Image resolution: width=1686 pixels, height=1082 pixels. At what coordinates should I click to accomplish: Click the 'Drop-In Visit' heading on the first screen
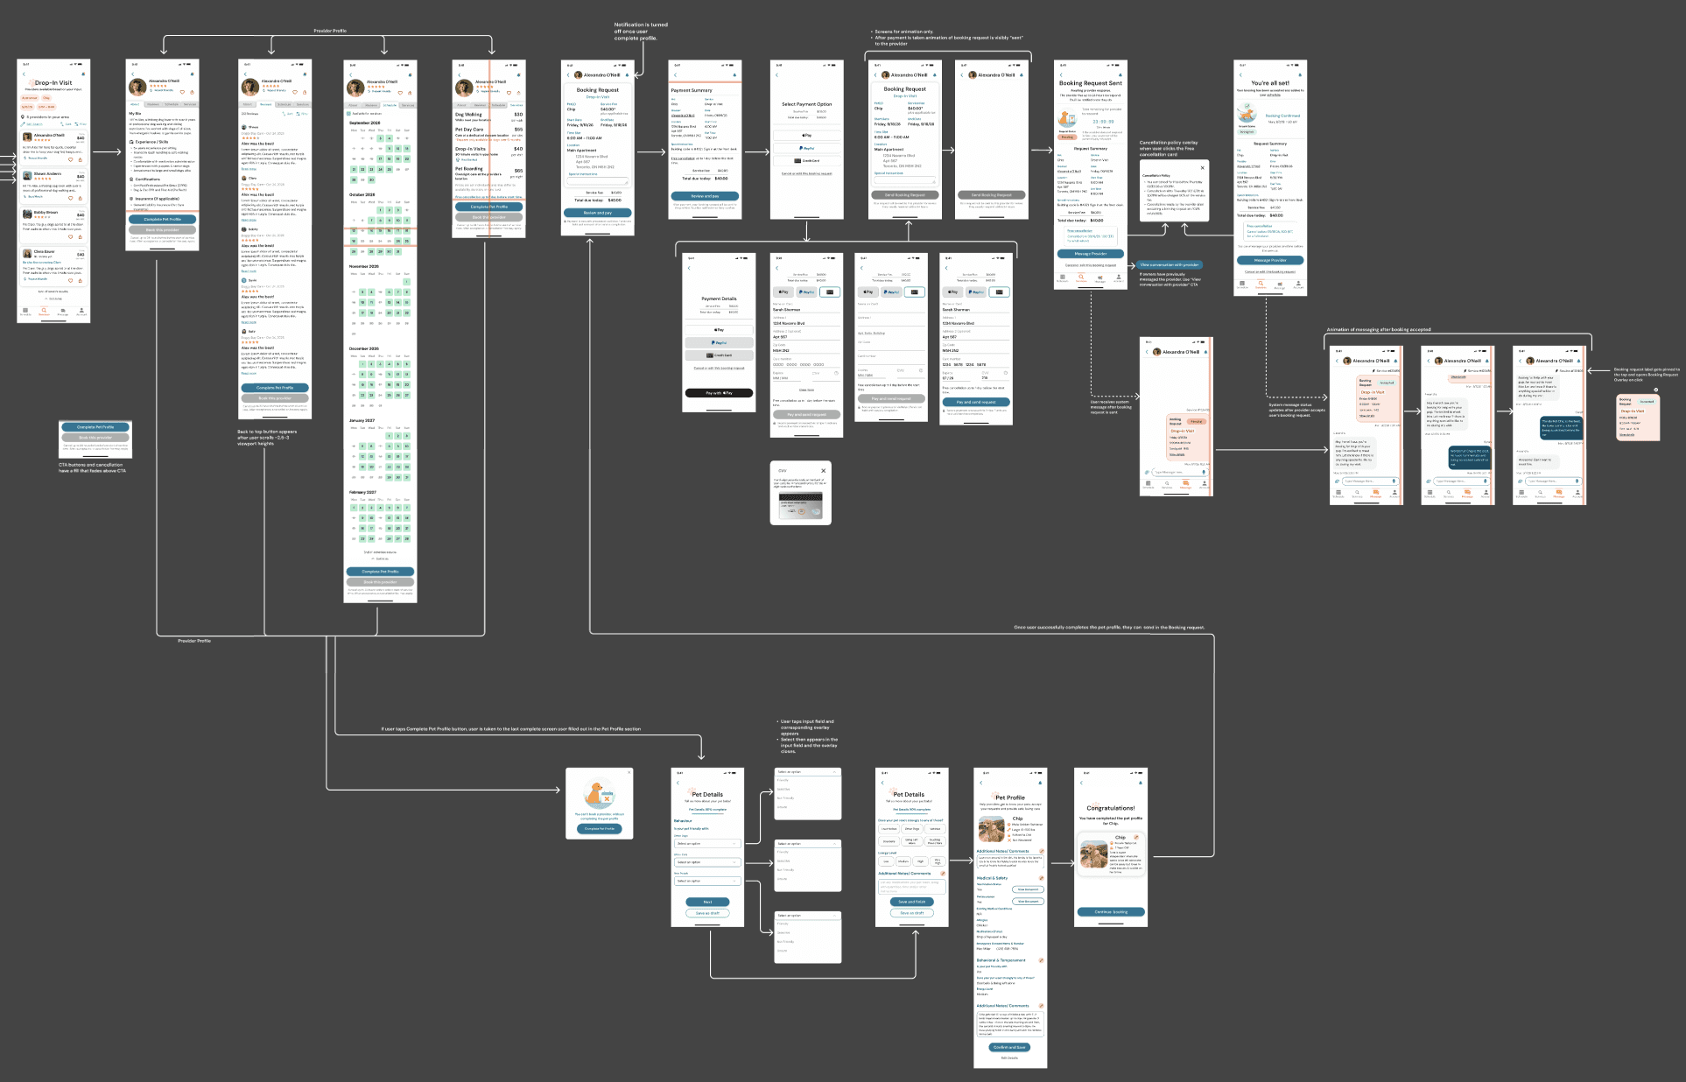(x=53, y=83)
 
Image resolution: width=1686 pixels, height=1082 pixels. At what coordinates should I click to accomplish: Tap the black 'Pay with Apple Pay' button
(x=718, y=393)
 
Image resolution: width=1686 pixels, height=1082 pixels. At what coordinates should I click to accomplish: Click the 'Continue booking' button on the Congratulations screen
(x=1111, y=912)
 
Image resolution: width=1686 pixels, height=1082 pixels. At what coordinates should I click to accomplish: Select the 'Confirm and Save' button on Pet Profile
(x=1009, y=1047)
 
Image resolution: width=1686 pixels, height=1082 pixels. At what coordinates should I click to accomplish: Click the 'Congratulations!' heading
(x=1110, y=808)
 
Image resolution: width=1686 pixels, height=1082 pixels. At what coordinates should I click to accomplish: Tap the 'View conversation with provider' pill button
(x=1170, y=264)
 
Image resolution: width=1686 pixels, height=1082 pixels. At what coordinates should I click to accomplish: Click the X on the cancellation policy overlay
(x=1202, y=167)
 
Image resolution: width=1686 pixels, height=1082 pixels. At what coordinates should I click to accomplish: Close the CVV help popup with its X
(x=823, y=471)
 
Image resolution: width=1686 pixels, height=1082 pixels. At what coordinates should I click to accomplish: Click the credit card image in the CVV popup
(x=800, y=506)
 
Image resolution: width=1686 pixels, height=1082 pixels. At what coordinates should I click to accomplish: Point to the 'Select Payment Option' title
(x=806, y=104)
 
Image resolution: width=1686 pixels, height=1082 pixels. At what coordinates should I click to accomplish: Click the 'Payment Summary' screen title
(x=692, y=90)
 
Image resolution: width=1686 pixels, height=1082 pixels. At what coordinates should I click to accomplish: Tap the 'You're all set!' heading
(x=1269, y=83)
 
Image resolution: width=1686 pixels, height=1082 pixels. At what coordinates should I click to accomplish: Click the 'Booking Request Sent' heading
(x=1090, y=83)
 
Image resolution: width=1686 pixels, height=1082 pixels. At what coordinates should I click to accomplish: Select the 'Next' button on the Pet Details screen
(x=707, y=902)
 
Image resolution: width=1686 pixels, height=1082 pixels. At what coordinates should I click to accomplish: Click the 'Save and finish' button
(x=911, y=902)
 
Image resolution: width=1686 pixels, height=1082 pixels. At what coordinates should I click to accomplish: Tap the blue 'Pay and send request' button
(x=975, y=402)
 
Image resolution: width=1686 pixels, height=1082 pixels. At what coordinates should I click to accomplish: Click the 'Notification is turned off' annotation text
(x=641, y=32)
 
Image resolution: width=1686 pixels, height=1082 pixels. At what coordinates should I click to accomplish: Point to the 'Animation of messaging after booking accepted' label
(x=1378, y=330)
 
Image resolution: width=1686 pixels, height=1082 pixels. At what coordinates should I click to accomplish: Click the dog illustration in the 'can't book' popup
(x=599, y=794)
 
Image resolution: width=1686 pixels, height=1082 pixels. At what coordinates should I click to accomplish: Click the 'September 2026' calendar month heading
(x=364, y=123)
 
